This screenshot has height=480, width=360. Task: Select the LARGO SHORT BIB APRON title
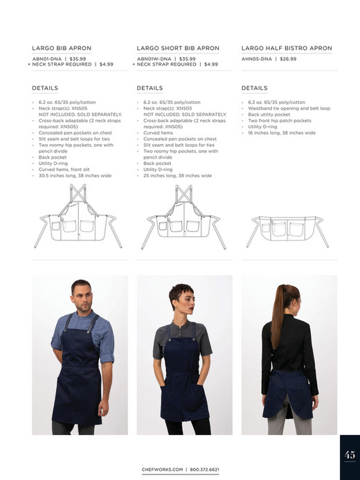[178, 48]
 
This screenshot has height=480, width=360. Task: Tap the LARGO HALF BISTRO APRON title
[287, 48]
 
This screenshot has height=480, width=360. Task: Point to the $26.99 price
[288, 59]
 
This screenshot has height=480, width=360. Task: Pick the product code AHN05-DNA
[256, 59]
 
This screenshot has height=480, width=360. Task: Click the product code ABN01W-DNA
[154, 59]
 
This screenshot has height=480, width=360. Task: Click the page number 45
[350, 455]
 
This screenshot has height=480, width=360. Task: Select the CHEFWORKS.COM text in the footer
[163, 470]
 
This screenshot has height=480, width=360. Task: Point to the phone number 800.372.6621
[204, 470]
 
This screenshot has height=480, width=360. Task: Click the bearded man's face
[80, 294]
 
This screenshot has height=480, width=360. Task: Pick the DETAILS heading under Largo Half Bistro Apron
[254, 89]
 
